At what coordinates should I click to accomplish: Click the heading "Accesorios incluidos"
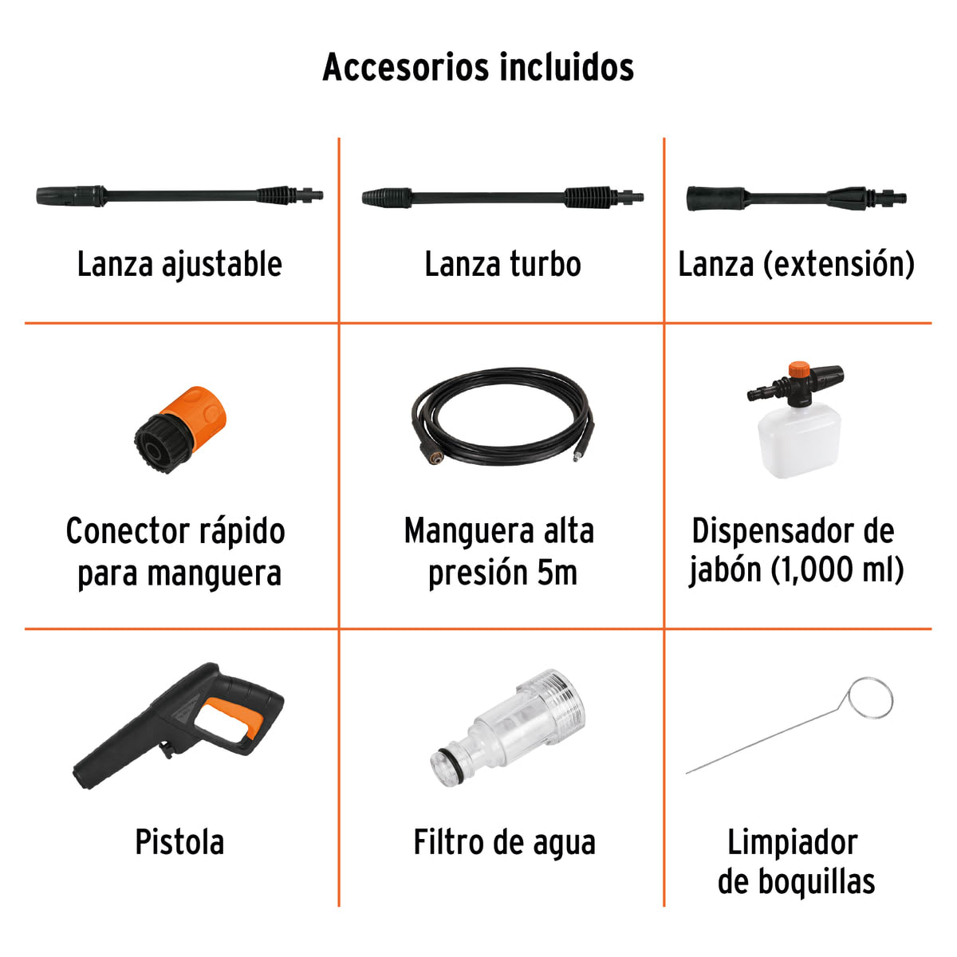(x=478, y=67)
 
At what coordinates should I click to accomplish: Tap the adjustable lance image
(x=180, y=195)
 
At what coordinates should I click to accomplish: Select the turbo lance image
(x=502, y=197)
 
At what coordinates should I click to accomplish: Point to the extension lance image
(x=796, y=197)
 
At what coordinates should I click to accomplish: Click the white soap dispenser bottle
(x=798, y=442)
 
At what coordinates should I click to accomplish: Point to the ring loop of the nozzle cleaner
(x=870, y=699)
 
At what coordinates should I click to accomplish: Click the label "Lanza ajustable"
(x=179, y=265)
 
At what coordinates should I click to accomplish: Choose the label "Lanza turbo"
(x=502, y=265)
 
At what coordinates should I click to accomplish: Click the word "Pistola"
(x=179, y=842)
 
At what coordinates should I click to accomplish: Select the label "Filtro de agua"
(x=504, y=843)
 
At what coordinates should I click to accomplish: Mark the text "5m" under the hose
(x=557, y=573)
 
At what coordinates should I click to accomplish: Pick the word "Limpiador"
(x=792, y=842)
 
